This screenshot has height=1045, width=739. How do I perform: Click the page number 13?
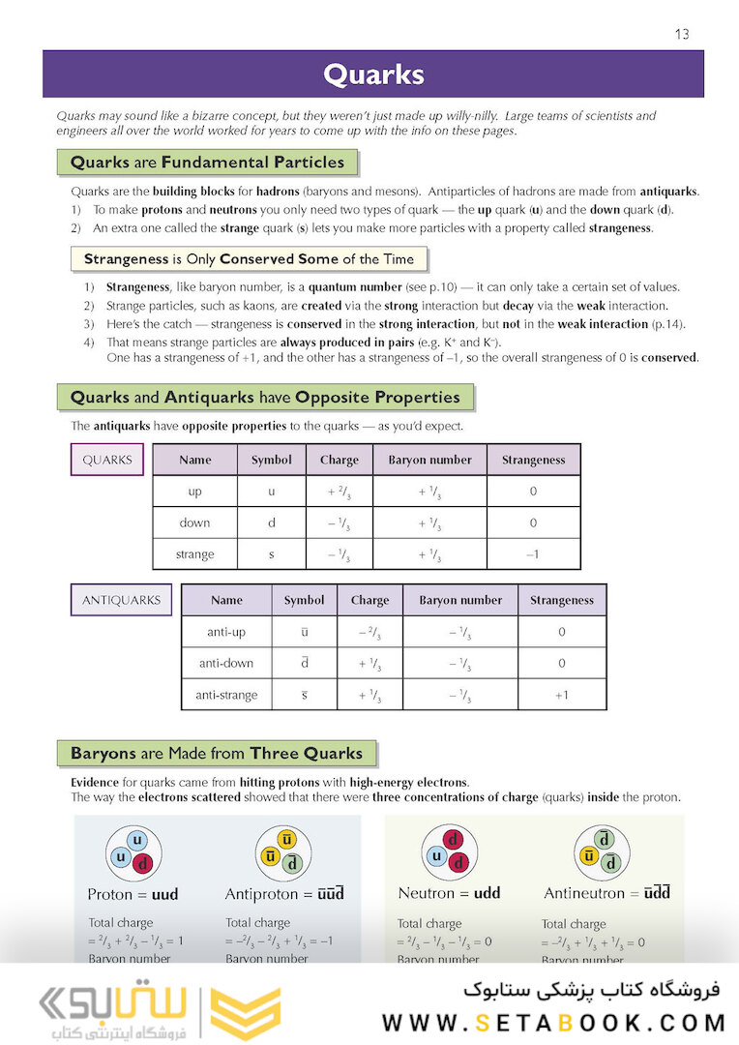pyautogui.click(x=682, y=35)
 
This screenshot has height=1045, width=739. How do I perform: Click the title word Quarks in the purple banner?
pyautogui.click(x=372, y=75)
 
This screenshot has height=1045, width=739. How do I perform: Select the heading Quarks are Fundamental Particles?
pyautogui.click(x=207, y=162)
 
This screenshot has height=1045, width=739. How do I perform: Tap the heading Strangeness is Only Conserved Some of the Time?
pyautogui.click(x=249, y=259)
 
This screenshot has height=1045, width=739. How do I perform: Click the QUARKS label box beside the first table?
pyautogui.click(x=107, y=460)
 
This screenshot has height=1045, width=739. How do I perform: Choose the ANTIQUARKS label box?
pyautogui.click(x=121, y=600)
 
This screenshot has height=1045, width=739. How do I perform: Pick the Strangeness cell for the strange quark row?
pyautogui.click(x=533, y=554)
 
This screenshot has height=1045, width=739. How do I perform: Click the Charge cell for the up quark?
pyautogui.click(x=339, y=492)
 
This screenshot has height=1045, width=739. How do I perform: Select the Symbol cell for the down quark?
pyautogui.click(x=272, y=522)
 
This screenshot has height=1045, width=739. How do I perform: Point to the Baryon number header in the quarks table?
pyautogui.click(x=429, y=460)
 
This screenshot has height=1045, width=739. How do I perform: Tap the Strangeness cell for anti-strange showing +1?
pyautogui.click(x=562, y=695)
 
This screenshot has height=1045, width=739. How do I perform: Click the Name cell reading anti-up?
pyautogui.click(x=226, y=632)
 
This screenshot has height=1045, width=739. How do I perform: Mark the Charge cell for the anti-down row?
pyautogui.click(x=369, y=664)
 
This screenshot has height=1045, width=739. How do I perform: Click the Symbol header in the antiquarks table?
pyautogui.click(x=304, y=600)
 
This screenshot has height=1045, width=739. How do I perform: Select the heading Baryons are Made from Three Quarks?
pyautogui.click(x=217, y=753)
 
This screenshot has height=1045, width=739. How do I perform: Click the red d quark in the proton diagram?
pyautogui.click(x=143, y=863)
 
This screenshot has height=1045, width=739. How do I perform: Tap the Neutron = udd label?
pyautogui.click(x=449, y=893)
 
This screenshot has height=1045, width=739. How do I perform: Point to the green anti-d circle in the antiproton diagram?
pyautogui.click(x=296, y=863)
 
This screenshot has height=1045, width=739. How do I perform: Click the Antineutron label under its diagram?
pyautogui.click(x=607, y=893)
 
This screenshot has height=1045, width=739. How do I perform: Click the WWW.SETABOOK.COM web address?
pyautogui.click(x=553, y=1022)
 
